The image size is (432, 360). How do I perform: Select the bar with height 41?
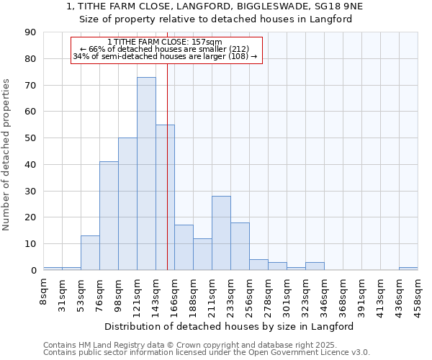pyautogui.click(x=109, y=216)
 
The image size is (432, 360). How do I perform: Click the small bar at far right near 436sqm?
pyautogui.click(x=408, y=269)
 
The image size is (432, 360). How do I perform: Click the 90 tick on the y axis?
pyautogui.click(x=30, y=32)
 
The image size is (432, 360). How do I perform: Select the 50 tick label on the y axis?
pyautogui.click(x=30, y=138)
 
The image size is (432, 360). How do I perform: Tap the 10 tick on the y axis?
pyautogui.click(x=30, y=244)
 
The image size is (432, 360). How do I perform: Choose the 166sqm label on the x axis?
pyautogui.click(x=175, y=292)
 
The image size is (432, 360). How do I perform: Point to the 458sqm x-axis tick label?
pyautogui.click(x=418, y=292)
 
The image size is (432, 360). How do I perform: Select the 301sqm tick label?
pyautogui.click(x=287, y=292)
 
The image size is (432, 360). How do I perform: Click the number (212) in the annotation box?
pyautogui.click(x=239, y=49)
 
